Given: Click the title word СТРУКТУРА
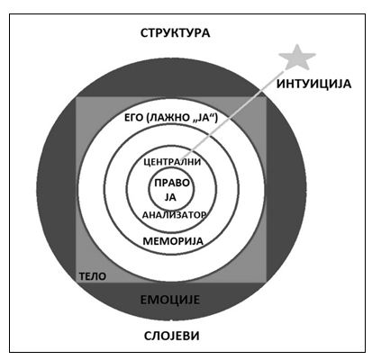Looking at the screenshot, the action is coord(175,32).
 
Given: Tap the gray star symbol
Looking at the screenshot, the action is coord(297,57).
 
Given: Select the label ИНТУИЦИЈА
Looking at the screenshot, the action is coord(313,84).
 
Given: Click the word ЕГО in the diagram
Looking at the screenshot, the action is coord(133,118).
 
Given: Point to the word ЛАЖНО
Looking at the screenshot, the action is coord(168,118).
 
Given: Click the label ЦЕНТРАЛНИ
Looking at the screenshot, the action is coord(172,162).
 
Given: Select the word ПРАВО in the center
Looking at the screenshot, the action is coord(172,183).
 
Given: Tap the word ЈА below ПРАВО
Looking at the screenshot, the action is coord(170,197).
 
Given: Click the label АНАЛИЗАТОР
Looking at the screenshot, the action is coord(174,215).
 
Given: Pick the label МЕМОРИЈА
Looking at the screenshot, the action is coord(173,241).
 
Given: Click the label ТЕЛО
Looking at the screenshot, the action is coord(93,276).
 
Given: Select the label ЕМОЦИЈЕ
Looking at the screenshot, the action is coord(170,300).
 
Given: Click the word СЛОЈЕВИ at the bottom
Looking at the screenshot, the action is coord(172,336).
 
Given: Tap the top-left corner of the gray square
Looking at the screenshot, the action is coord(76,97).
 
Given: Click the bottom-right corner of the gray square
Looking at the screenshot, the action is coord(266,283).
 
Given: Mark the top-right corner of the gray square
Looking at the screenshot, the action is coord(266,97).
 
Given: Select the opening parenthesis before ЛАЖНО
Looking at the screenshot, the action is coord(147,118).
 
